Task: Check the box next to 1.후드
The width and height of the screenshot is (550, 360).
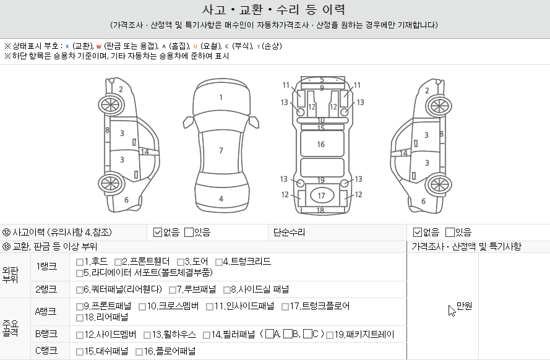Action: tap(79, 262)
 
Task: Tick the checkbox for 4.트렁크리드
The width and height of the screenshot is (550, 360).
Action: tap(218, 262)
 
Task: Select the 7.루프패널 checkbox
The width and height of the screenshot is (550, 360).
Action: tap(172, 289)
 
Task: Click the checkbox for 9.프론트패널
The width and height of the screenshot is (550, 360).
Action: tap(79, 306)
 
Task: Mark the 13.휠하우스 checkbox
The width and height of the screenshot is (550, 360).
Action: tap(147, 335)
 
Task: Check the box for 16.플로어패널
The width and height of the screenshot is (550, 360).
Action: tap(139, 352)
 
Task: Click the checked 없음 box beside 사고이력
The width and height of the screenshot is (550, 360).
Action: tap(158, 233)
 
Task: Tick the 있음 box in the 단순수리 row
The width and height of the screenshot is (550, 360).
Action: tap(450, 233)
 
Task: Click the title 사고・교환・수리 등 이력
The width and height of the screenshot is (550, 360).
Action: tap(274, 10)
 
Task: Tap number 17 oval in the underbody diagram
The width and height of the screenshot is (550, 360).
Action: tap(321, 196)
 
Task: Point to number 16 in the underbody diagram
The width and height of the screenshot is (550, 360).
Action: tap(321, 144)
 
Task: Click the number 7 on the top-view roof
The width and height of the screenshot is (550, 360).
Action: tap(221, 150)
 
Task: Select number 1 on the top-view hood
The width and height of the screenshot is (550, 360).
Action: tap(221, 97)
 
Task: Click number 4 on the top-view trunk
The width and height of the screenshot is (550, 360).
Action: tap(221, 199)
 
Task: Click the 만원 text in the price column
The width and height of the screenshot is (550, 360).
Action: tap(464, 306)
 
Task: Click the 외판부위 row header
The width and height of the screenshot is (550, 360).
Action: tap(11, 275)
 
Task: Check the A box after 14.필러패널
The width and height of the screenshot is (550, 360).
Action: tap(269, 335)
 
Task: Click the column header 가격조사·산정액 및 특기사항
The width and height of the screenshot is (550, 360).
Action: tap(466, 246)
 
